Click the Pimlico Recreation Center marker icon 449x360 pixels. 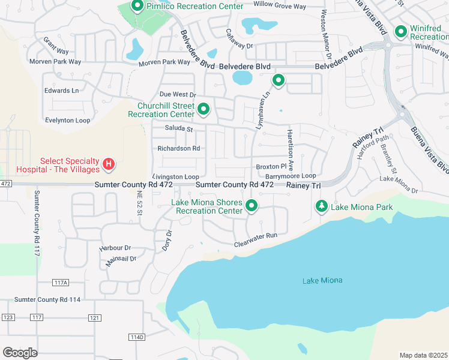136,7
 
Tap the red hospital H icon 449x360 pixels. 109,164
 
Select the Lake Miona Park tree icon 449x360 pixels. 322,207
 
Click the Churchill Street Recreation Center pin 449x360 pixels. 203,109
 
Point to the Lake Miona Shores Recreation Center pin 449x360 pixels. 252,206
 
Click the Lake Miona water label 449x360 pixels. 322,280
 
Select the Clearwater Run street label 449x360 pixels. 256,236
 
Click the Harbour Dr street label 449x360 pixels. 115,247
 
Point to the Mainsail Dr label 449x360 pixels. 121,259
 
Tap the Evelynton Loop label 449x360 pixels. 68,120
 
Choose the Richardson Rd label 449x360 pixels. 178,148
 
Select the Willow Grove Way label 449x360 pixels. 280,6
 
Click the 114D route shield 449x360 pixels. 137,337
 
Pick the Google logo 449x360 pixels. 20,353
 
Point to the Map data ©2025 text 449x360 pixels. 423,355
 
